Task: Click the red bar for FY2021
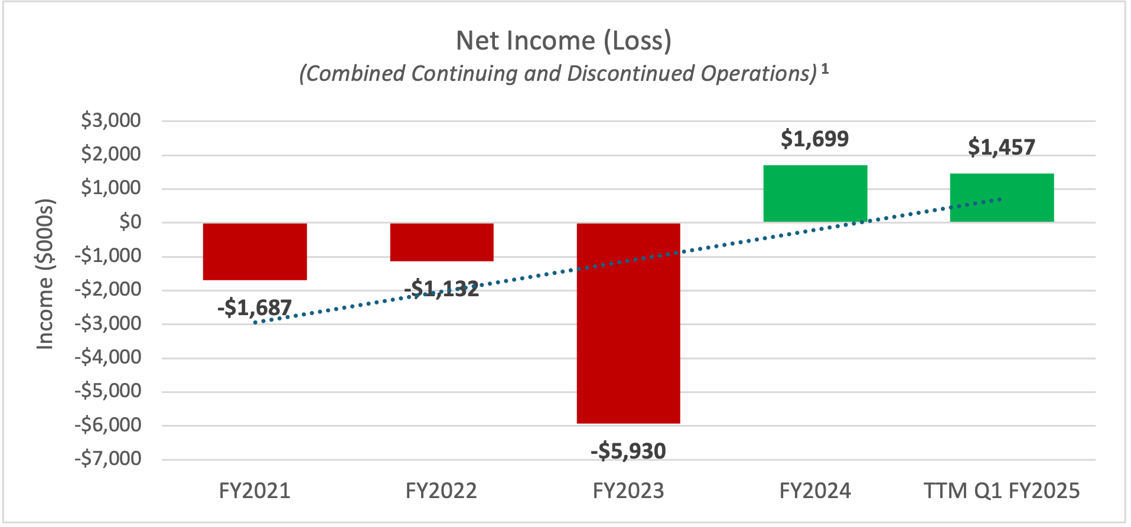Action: tap(255, 251)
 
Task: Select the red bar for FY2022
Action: tap(442, 242)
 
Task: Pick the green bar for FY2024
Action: tap(815, 194)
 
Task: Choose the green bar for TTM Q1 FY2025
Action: tap(1002, 198)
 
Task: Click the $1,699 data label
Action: tap(815, 139)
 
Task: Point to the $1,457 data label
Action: tap(1002, 147)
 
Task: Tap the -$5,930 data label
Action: tap(628, 451)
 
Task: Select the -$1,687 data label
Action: tap(255, 307)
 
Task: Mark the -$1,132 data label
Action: tap(442, 289)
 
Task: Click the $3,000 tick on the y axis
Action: tap(111, 120)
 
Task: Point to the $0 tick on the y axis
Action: tap(130, 222)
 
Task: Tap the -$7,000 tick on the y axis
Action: tap(108, 459)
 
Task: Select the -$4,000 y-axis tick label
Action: tap(108, 357)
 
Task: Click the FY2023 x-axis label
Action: tap(628, 491)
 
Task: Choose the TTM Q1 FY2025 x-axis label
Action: tap(1002, 491)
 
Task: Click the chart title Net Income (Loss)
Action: tap(564, 41)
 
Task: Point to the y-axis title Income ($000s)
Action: tap(45, 274)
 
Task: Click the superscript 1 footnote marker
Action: tap(825, 69)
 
